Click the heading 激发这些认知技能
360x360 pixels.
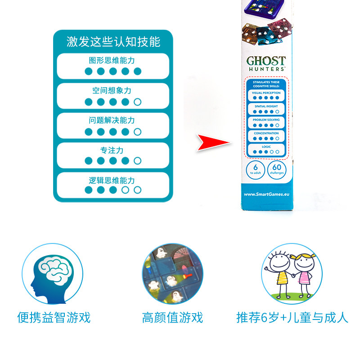click(x=113, y=42)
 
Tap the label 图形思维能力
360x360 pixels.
click(x=112, y=60)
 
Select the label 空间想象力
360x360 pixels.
click(x=112, y=90)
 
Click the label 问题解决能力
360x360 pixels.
click(x=112, y=121)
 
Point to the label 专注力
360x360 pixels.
click(x=112, y=150)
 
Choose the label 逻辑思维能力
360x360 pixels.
click(x=112, y=180)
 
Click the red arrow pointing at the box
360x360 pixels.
click(x=213, y=142)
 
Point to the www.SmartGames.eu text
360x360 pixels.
click(x=266, y=194)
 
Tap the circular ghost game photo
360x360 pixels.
click(x=172, y=274)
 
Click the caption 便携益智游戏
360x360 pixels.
click(x=54, y=318)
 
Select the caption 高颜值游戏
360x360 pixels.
click(x=172, y=318)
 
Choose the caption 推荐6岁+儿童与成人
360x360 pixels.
click(x=292, y=318)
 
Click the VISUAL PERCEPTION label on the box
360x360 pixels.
click(x=266, y=93)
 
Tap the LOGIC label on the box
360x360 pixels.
click(x=266, y=147)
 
